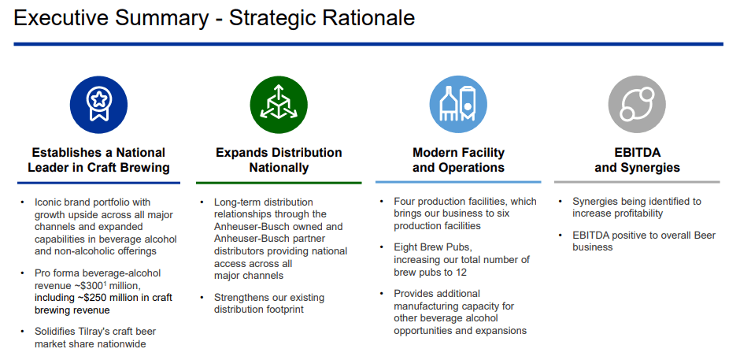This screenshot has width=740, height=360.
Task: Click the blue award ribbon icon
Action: pos(98,105)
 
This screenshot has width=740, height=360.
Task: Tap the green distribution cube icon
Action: pos(279,105)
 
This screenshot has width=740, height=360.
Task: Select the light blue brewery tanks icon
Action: pos(458,105)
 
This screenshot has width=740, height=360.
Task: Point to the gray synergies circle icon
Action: pos(637,105)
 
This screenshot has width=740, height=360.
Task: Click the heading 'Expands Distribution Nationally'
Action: pos(279,160)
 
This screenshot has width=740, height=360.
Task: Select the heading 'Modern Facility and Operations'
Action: pos(458,160)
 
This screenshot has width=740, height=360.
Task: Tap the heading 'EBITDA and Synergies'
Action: pos(637,160)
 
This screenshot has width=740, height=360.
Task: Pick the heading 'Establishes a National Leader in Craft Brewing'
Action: pos(98,160)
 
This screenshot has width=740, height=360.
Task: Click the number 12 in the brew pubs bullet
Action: pos(461,272)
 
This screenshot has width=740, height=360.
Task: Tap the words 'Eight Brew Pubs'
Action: pos(432,247)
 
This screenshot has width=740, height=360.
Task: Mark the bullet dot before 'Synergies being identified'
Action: pos(561,201)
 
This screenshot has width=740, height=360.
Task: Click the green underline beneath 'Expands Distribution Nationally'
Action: pos(279,182)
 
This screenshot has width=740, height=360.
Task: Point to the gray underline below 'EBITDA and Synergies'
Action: pos(637,182)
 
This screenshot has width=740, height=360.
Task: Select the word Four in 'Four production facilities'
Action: pos(405,201)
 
